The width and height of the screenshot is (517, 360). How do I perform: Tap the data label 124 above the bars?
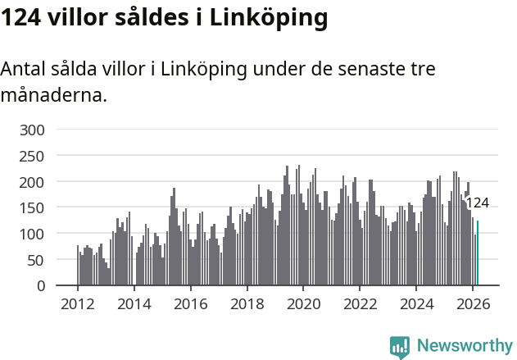tap(477, 203)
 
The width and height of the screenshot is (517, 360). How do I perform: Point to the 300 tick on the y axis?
tap(39, 130)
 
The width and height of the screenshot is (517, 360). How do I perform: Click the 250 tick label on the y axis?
tap(39, 156)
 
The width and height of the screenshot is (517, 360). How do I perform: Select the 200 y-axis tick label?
tap(39, 182)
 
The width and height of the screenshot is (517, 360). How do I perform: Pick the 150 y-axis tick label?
tap(39, 208)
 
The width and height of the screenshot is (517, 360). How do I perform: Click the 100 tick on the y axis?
tap(39, 235)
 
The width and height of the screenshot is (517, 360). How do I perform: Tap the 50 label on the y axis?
tap(43, 260)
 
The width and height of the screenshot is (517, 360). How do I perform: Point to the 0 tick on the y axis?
tap(48, 286)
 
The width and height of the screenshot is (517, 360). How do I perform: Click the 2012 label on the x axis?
tap(78, 303)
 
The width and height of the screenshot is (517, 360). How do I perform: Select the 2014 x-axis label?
tap(134, 303)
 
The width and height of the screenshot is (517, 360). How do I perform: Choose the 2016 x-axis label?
tap(191, 303)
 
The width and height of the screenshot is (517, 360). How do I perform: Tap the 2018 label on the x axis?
tap(247, 303)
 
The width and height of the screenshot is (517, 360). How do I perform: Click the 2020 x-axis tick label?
tap(303, 303)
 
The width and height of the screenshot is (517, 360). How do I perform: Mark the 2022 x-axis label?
tap(360, 303)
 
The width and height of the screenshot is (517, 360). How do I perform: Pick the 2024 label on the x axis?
tap(416, 303)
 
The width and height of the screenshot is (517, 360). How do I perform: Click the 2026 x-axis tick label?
tap(473, 303)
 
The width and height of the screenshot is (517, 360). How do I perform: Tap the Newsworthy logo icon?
tap(400, 347)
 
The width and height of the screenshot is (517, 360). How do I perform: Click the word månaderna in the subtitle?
tap(53, 95)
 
